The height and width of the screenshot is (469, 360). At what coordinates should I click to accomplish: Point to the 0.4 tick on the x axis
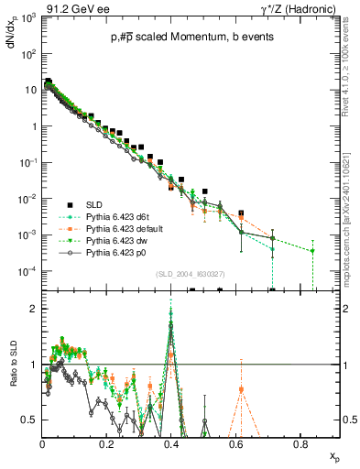click(x=171, y=443)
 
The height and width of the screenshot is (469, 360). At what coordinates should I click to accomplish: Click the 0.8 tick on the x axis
click(x=300, y=443)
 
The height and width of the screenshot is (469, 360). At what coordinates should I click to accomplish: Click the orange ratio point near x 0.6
click(x=241, y=389)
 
